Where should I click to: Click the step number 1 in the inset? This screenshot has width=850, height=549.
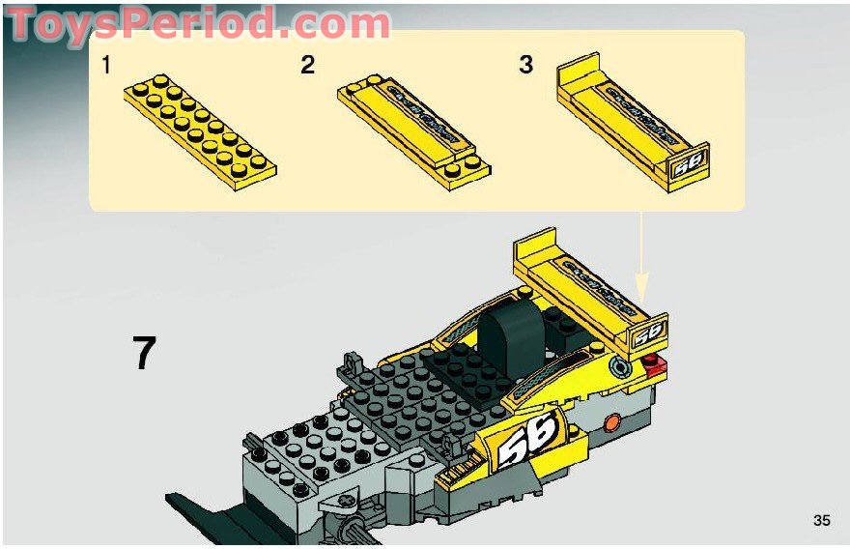point(107,66)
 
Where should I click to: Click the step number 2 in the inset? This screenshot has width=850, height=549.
point(307,66)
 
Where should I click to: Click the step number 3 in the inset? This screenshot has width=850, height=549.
point(526,66)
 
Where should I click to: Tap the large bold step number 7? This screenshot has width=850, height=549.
point(144,354)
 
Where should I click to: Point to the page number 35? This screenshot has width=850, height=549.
point(821,521)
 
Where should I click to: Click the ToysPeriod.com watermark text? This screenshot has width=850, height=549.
point(198,24)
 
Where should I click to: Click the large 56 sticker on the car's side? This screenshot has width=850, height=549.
point(527,436)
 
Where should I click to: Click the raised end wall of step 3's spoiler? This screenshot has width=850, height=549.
point(580,70)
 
